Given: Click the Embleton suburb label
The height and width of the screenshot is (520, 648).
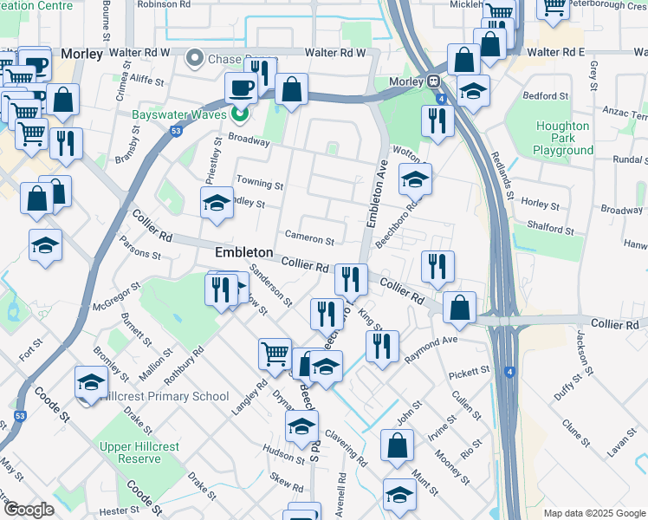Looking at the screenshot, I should point(243,253).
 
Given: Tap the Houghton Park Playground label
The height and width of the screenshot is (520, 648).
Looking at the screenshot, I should point(563,138).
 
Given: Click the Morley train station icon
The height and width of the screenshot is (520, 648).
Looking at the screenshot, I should point(431,82).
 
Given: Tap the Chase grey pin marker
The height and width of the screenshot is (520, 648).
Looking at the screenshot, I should point(194,59).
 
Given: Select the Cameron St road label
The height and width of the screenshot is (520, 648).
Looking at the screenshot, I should point(309,239).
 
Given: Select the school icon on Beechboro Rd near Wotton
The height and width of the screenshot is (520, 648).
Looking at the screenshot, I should point(416,179).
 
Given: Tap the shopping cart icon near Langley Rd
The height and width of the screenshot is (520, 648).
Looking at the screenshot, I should point(275,353).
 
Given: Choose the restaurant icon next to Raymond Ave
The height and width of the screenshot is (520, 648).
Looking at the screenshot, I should point(382,346).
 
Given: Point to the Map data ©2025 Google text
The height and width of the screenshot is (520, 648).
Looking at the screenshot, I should point(594,513).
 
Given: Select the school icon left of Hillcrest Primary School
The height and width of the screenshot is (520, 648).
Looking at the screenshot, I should point(92,381).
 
